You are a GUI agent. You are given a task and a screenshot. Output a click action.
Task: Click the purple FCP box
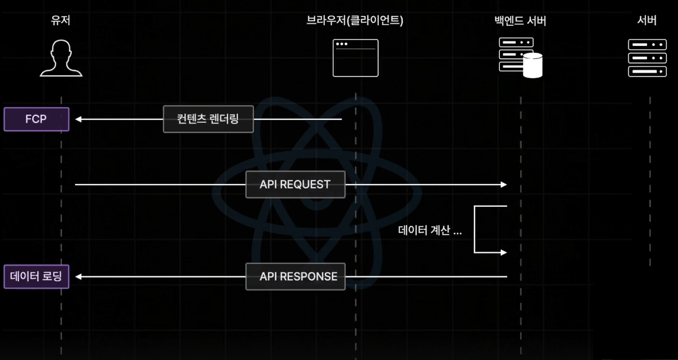tap(36, 119)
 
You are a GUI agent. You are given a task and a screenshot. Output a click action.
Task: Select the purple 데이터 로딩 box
tap(36, 276)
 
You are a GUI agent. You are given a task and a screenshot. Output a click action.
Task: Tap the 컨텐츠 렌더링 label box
tap(208, 119)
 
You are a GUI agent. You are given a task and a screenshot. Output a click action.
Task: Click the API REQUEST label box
tap(295, 185)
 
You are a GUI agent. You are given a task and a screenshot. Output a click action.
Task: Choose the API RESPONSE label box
tap(295, 276)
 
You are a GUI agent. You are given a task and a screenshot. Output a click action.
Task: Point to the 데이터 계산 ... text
tap(430, 231)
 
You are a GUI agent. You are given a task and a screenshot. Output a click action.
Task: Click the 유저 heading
tap(61, 21)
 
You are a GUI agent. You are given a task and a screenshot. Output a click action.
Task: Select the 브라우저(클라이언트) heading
tap(355, 21)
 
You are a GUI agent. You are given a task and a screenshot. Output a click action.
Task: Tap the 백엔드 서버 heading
tap(520, 21)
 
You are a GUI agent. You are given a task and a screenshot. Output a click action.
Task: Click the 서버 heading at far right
tap(647, 21)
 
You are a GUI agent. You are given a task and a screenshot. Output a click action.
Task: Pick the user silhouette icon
tap(61, 58)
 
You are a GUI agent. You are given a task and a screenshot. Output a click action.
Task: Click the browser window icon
tap(355, 58)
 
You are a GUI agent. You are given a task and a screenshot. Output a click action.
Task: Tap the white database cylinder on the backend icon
tap(532, 65)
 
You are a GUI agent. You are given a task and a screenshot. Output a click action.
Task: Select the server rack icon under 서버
tap(647, 58)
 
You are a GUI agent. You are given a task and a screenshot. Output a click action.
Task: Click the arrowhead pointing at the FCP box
tap(79, 119)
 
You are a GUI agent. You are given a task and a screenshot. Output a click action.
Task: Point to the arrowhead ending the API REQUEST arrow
tap(504, 185)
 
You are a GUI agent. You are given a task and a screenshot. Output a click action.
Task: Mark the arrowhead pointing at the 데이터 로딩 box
tap(79, 276)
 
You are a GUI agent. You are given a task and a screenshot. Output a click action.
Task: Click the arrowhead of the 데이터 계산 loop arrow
tap(504, 252)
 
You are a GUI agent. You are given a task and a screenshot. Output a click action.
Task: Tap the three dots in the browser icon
tap(342, 44)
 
